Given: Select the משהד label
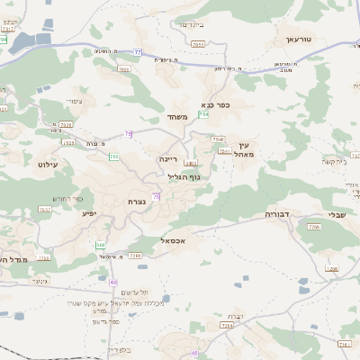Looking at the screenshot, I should (x=175, y=118).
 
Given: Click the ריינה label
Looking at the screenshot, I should (x=169, y=158).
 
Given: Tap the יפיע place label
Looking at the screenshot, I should (x=88, y=212).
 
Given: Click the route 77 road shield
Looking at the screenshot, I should (x=138, y=53).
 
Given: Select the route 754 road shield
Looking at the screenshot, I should (x=204, y=115).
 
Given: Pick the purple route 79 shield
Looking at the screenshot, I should (x=129, y=134).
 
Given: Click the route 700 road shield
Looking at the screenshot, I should (x=114, y=157).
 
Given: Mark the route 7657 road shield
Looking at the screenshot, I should (x=45, y=210).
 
